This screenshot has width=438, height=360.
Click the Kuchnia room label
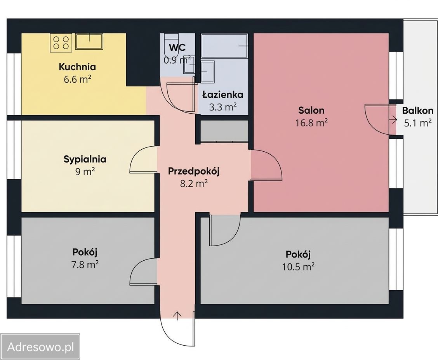click(77, 67)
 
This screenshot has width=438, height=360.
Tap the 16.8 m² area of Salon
click(311, 123)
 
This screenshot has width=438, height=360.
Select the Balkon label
click(417, 111)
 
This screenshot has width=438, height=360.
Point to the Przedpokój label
click(194, 171)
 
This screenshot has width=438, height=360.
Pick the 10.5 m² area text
click(298, 267)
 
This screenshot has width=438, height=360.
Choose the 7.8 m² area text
click(85, 264)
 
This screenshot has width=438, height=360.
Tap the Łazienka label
click(222, 95)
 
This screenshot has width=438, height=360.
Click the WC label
click(177, 48)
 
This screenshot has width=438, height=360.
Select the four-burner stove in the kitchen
click(61, 42)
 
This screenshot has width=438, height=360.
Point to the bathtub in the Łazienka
click(224, 46)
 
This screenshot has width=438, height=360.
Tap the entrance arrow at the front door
click(177, 316)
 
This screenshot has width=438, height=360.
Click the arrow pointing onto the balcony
click(393, 120)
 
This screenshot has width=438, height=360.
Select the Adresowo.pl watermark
click(41, 347)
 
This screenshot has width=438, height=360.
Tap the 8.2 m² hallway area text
click(194, 183)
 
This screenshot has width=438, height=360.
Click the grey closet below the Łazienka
click(224, 131)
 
